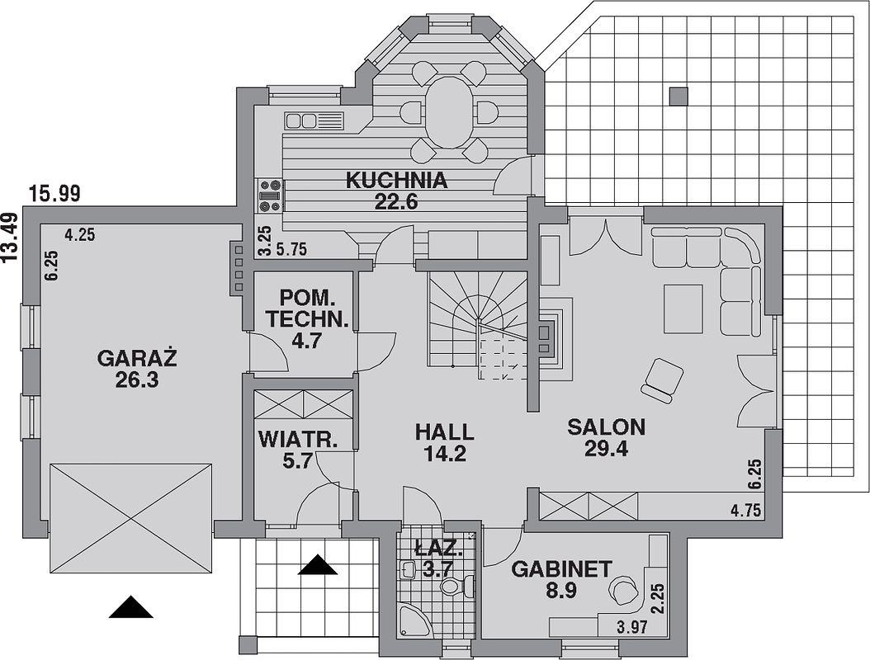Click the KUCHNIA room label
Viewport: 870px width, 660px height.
tap(397, 181)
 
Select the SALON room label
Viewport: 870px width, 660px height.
tap(607, 427)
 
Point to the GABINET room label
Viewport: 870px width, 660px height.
tap(561, 569)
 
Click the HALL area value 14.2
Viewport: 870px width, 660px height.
tap(444, 455)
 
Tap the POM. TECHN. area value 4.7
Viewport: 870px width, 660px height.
tap(307, 341)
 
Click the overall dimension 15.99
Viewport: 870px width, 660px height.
tap(55, 194)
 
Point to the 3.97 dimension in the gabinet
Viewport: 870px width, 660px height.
tap(632, 628)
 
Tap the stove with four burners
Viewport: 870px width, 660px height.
tap(270, 196)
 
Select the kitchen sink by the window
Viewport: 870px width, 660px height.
tap(314, 120)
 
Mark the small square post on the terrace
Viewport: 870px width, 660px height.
tap(678, 97)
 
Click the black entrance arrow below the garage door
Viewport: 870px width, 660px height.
tap(130, 606)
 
